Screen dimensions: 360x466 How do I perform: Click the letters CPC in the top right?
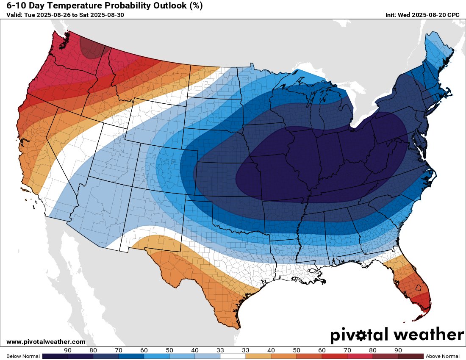[x=453, y=15]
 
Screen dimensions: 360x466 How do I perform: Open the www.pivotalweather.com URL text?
[x=46, y=342]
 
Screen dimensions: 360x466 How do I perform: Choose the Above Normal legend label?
[x=443, y=356]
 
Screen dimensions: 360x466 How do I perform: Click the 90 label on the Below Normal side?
[x=67, y=350]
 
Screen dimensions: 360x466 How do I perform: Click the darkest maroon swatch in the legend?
[x=411, y=356]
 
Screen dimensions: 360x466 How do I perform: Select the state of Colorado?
[x=167, y=167]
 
